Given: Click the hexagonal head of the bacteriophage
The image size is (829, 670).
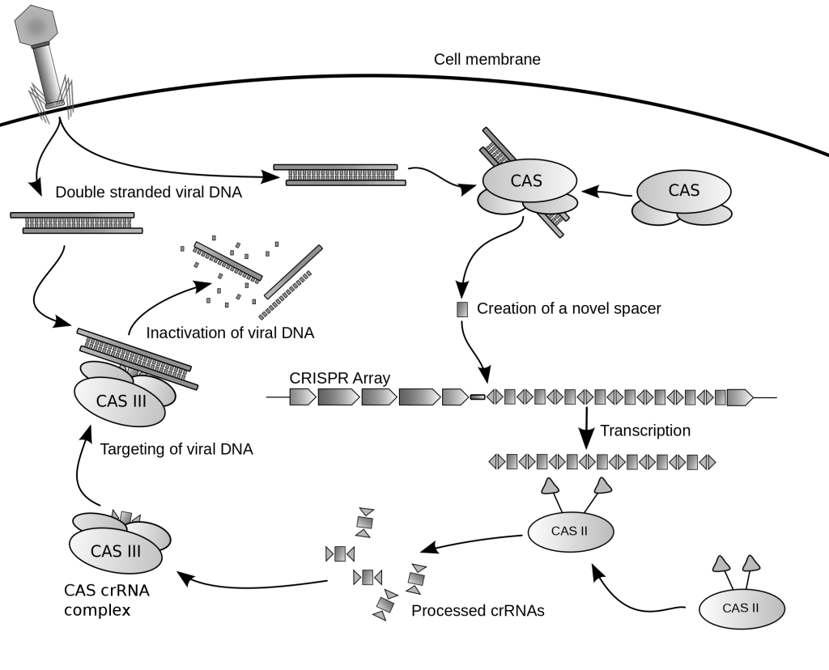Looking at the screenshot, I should click(x=38, y=25).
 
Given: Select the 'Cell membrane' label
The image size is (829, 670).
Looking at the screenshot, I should click(x=487, y=59).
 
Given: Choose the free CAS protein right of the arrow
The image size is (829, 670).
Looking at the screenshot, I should click(x=682, y=192).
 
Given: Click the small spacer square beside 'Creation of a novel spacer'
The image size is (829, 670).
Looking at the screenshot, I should click(x=462, y=309).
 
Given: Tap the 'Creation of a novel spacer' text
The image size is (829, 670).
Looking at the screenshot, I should click(x=568, y=309).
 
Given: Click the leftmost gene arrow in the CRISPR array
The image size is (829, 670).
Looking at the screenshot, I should click(x=302, y=397).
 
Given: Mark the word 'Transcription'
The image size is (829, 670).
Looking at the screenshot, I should click(x=644, y=430).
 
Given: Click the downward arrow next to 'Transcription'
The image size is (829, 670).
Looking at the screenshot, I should click(x=585, y=430).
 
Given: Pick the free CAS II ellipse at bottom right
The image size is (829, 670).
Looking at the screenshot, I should click(x=740, y=608).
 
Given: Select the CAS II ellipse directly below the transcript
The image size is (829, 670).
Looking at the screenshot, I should click(x=570, y=532).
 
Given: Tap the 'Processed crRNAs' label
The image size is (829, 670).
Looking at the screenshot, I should click(x=478, y=611).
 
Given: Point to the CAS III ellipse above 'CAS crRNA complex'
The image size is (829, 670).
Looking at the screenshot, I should click(x=117, y=551).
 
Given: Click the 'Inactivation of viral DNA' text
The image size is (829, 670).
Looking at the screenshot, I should click(x=230, y=333).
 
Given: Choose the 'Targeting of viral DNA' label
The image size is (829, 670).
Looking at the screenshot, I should click(x=176, y=449).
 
